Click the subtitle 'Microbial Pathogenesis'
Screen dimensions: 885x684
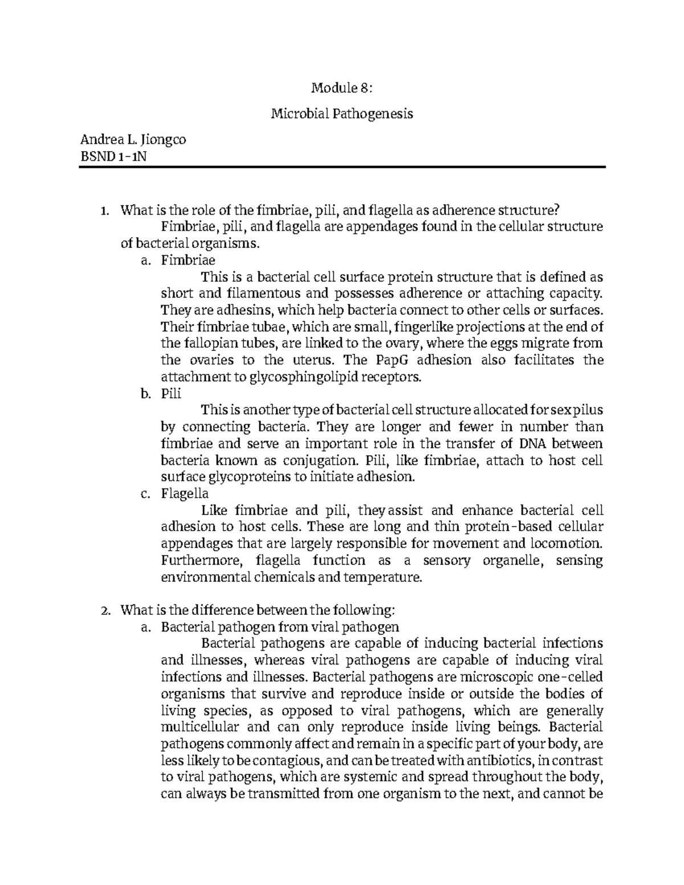(x=341, y=114)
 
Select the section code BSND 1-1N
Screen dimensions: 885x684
(x=113, y=156)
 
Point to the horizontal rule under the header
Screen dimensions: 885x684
(x=341, y=167)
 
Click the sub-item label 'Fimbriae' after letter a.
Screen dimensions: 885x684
(x=188, y=260)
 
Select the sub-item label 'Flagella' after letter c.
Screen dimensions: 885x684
(x=185, y=493)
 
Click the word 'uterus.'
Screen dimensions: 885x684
(x=314, y=360)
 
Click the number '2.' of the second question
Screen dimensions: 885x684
(x=104, y=610)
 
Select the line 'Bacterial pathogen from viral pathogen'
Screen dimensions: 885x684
(x=280, y=627)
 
